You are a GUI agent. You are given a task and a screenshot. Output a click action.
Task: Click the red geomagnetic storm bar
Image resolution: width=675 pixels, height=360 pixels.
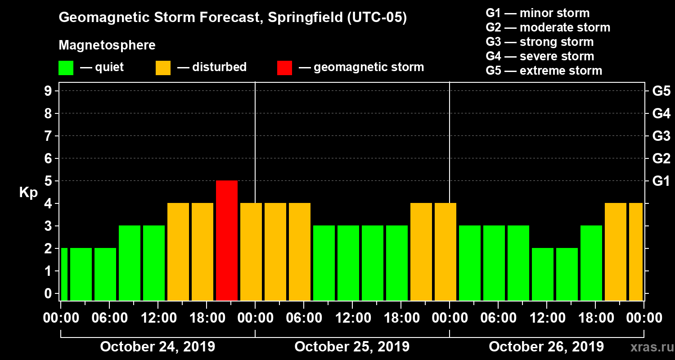click(x=227, y=240)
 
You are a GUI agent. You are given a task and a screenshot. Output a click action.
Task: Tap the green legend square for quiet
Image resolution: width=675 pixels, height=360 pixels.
click(x=66, y=68)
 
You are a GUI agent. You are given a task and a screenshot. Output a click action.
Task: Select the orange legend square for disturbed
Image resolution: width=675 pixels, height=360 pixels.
click(x=163, y=68)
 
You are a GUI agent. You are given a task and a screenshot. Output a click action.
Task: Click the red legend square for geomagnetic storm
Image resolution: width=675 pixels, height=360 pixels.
click(x=284, y=68)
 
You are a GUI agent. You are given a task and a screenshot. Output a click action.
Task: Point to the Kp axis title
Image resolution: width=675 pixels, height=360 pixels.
click(x=28, y=192)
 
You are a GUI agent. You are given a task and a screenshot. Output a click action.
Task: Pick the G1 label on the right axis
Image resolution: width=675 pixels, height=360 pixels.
click(x=661, y=181)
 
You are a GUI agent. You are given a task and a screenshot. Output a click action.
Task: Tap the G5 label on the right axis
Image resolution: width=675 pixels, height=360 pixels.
click(x=661, y=91)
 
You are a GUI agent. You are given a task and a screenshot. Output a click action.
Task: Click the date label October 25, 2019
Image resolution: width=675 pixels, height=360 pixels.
click(x=352, y=347)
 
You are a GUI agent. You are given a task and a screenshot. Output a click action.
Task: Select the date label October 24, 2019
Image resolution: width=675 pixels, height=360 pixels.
click(x=157, y=347)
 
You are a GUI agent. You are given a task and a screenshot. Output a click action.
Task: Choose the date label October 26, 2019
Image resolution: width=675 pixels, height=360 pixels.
click(x=546, y=347)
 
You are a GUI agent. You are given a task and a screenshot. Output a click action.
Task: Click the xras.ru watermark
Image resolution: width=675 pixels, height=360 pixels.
click(x=649, y=347)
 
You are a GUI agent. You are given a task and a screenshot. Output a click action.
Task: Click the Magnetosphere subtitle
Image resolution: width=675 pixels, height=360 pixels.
click(x=107, y=45)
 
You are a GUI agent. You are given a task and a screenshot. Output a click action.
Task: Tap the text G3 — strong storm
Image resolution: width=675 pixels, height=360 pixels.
click(x=540, y=42)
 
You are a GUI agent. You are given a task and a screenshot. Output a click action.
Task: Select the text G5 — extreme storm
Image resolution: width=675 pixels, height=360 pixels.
click(x=544, y=71)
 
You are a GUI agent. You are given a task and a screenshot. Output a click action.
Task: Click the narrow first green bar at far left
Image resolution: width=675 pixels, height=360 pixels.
click(x=64, y=274)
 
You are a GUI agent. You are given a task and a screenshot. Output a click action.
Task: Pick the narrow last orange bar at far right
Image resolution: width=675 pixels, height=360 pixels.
click(x=636, y=252)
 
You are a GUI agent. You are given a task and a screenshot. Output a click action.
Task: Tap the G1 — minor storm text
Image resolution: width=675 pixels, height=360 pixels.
click(x=537, y=13)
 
